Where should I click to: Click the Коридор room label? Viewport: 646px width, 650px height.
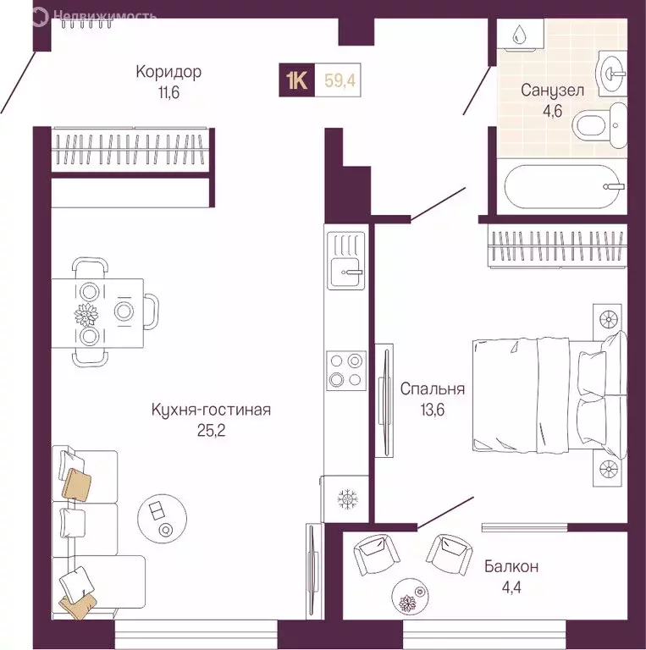tap(169, 71)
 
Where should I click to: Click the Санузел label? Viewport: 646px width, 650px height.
tap(551, 91)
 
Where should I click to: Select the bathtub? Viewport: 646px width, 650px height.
tap(561, 185)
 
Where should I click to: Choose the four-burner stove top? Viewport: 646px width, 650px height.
tap(345, 370)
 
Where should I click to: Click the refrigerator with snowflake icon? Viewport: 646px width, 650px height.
tap(345, 499)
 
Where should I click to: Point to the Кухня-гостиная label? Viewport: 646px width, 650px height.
tap(211, 410)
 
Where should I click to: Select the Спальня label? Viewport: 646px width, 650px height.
tap(432, 389)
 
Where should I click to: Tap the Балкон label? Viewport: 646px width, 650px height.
tap(511, 566)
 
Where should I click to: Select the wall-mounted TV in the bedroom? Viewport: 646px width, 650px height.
tap(384, 401)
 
